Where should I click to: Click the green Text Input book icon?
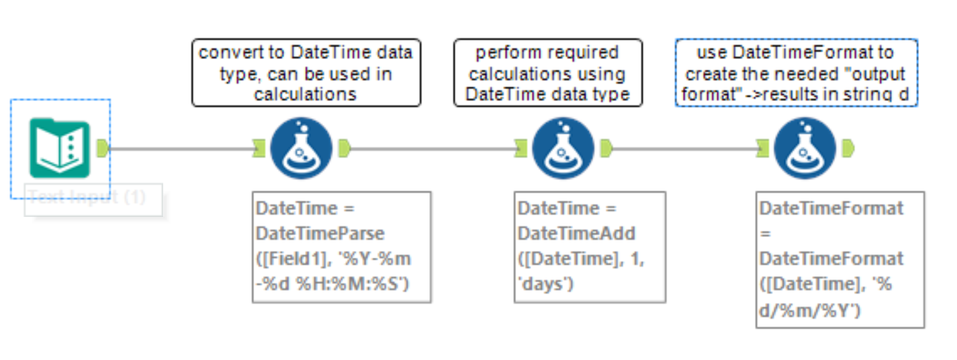pyautogui.click(x=59, y=148)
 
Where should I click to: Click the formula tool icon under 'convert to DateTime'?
pyautogui.click(x=302, y=148)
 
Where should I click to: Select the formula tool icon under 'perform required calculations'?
pyautogui.click(x=563, y=148)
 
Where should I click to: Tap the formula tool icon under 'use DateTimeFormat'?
pyautogui.click(x=805, y=148)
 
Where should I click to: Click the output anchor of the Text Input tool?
pyautogui.click(x=103, y=148)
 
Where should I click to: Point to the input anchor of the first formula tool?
pyautogui.click(x=259, y=148)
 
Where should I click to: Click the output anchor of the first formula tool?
pyautogui.click(x=345, y=148)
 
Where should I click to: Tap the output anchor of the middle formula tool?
pyautogui.click(x=606, y=148)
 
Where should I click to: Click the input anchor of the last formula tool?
pyautogui.click(x=762, y=148)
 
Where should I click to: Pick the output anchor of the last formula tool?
pyautogui.click(x=848, y=148)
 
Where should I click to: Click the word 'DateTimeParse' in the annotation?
pyautogui.click(x=320, y=233)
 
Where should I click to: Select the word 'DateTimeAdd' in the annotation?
pyautogui.click(x=576, y=233)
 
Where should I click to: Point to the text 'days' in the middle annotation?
pyautogui.click(x=544, y=284)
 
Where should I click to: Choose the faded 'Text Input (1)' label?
pyautogui.click(x=87, y=197)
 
